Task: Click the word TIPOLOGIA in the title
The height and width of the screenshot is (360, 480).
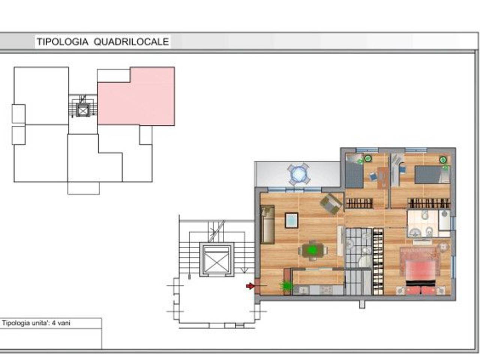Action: pos(62,42)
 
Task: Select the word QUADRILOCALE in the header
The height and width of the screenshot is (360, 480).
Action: pos(131,42)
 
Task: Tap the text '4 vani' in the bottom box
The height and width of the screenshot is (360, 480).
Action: pos(61,323)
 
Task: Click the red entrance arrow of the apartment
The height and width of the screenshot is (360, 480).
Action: pos(250,286)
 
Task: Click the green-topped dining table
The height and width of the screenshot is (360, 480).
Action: pos(313,250)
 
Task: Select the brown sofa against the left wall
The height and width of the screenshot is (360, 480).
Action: pos(267,224)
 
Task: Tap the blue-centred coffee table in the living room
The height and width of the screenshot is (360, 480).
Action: pos(291,220)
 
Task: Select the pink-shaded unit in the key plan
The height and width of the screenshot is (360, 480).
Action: pos(136,96)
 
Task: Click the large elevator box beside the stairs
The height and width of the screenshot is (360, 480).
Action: pos(217,259)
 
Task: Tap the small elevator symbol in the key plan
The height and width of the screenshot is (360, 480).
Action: pos(83,110)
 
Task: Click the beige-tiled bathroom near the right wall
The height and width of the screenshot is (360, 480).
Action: pos(429,223)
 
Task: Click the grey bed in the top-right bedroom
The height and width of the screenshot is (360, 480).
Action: pos(432,174)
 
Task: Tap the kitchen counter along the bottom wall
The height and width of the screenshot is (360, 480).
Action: pos(318,290)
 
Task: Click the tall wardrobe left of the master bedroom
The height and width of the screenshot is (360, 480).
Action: pos(378,262)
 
